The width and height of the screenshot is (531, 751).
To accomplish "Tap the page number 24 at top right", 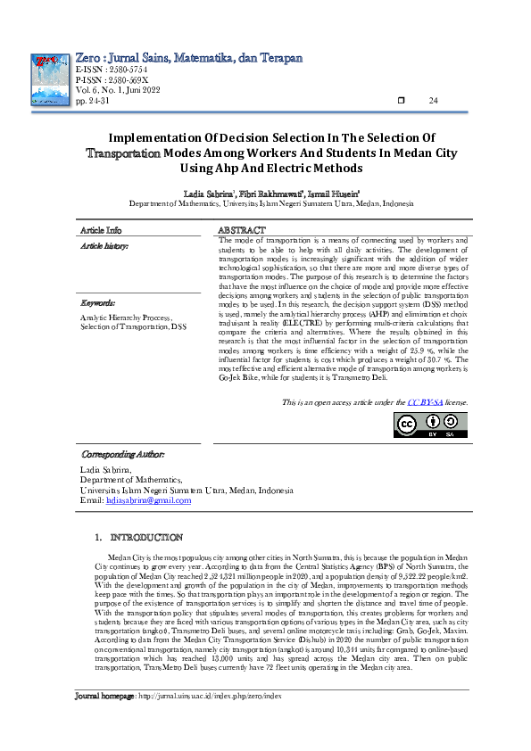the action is click(x=434, y=100).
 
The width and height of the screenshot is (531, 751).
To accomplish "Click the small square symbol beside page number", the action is click(x=401, y=100).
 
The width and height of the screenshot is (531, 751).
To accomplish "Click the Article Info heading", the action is click(x=102, y=230).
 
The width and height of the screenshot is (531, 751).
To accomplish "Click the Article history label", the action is click(x=105, y=244).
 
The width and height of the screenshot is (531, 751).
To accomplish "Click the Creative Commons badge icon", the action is click(x=430, y=425).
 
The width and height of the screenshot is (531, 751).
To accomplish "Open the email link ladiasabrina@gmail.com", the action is click(x=147, y=501).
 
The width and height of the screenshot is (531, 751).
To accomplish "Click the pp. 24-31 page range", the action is click(x=93, y=100).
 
